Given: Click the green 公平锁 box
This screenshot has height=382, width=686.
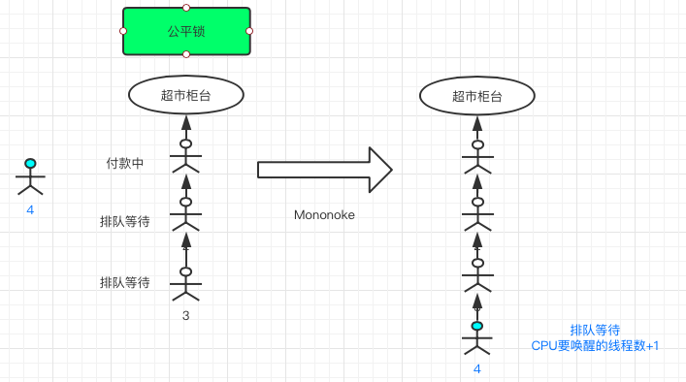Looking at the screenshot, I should tap(186, 31).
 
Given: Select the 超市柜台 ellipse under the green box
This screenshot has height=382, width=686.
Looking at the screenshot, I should tap(186, 95).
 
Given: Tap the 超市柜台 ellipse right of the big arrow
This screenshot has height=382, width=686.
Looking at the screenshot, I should tap(477, 95).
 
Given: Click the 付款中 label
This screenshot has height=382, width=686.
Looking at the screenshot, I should tap(125, 164).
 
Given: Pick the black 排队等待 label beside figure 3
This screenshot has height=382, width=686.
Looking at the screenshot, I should tap(125, 282).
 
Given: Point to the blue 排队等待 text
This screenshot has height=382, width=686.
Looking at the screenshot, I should tap(595, 330).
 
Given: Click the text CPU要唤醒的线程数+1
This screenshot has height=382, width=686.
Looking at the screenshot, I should tap(595, 345).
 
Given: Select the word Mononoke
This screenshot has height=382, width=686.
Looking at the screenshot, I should tap(324, 215).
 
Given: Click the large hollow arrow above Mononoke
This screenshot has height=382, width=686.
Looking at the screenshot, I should tap(324, 170).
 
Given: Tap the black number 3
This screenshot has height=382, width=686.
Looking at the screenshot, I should tap(185, 315).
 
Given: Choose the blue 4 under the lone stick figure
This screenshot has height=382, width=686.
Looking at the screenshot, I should tap(30, 208).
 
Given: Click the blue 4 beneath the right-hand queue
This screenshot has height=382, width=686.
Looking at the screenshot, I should tap(476, 368).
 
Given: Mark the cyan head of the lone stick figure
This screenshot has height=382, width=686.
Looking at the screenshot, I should tap(30, 164).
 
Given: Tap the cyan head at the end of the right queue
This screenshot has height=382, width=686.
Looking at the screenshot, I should tap(476, 326).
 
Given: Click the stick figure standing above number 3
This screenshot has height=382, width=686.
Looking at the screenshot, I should tap(185, 282).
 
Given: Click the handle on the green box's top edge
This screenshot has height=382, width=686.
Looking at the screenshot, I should tap(186, 8).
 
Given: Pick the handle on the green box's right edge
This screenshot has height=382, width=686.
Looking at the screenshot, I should tap(249, 31).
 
